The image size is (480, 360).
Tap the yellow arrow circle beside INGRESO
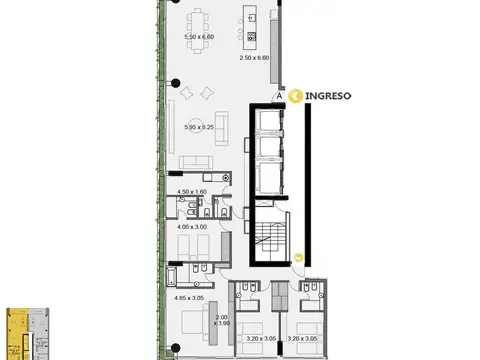pos(296,96)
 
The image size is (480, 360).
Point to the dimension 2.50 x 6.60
pos(256,57)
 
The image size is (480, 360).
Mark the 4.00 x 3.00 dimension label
pos(190,227)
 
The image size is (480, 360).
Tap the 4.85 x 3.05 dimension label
pos(190,297)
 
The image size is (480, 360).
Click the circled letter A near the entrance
pos(280,97)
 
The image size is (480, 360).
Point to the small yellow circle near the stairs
pos(299,257)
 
